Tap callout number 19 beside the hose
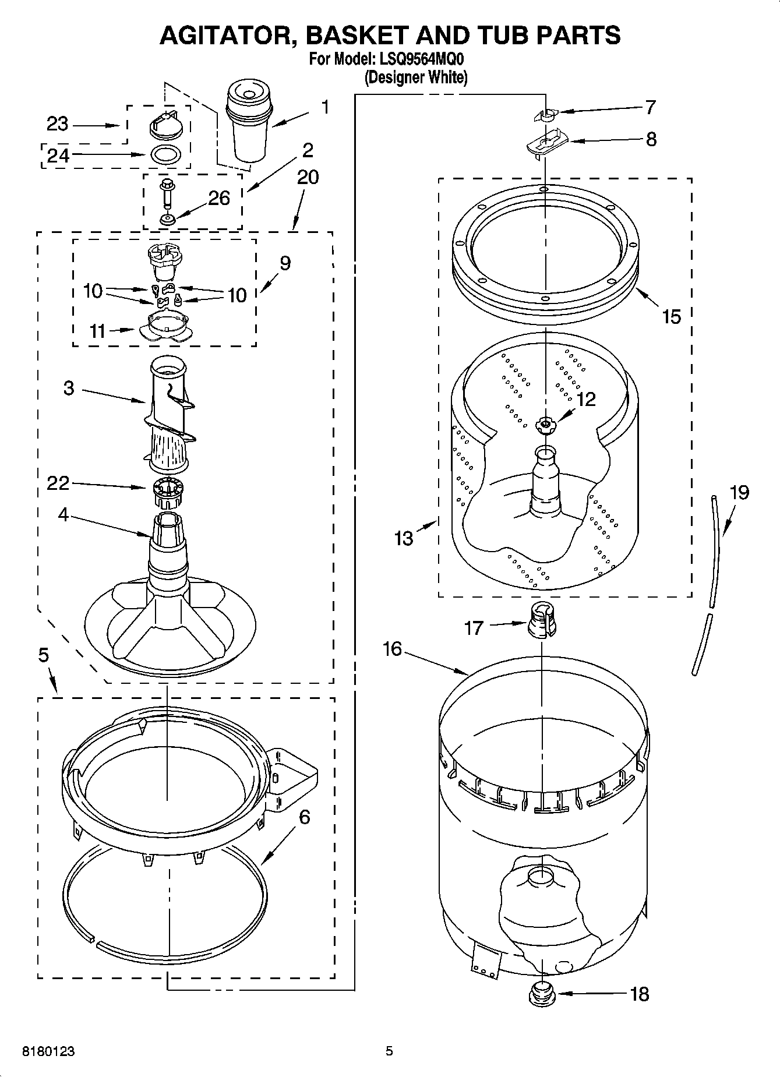tap(739, 493)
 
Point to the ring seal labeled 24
tap(165, 155)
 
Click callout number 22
tap(58, 483)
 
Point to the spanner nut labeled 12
tap(545, 425)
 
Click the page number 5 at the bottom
tap(389, 1051)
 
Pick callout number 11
tap(97, 331)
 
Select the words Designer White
tap(416, 77)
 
